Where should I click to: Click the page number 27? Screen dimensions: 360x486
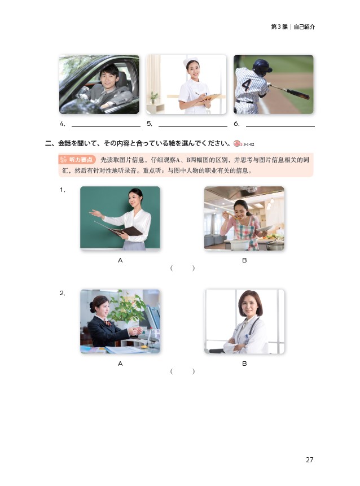pyautogui.click(x=310, y=459)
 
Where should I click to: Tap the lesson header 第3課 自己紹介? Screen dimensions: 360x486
pyautogui.click(x=293, y=27)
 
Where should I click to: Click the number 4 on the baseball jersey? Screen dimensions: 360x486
pyautogui.click(x=246, y=85)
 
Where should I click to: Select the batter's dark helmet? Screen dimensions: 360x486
pyautogui.click(x=261, y=67)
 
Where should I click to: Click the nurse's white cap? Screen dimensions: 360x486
pyautogui.click(x=190, y=61)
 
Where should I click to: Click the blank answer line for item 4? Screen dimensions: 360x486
pyautogui.click(x=106, y=126)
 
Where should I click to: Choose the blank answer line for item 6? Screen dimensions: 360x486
pyautogui.click(x=280, y=126)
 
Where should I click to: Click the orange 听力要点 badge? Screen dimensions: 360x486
pyautogui.click(x=77, y=160)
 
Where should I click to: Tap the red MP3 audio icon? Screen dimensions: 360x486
pyautogui.click(x=237, y=144)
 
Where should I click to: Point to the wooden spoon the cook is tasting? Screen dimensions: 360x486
pyautogui.click(x=231, y=216)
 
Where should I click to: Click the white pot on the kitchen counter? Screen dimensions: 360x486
pyautogui.click(x=239, y=245)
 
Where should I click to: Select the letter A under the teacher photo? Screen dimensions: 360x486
pyautogui.click(x=120, y=260)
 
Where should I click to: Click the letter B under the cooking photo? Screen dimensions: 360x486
pyautogui.click(x=244, y=260)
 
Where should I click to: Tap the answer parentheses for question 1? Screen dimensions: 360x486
pyautogui.click(x=182, y=268)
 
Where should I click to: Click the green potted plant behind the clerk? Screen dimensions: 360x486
pyautogui.click(x=128, y=307)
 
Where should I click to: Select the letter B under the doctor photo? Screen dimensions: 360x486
pyautogui.click(x=244, y=364)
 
